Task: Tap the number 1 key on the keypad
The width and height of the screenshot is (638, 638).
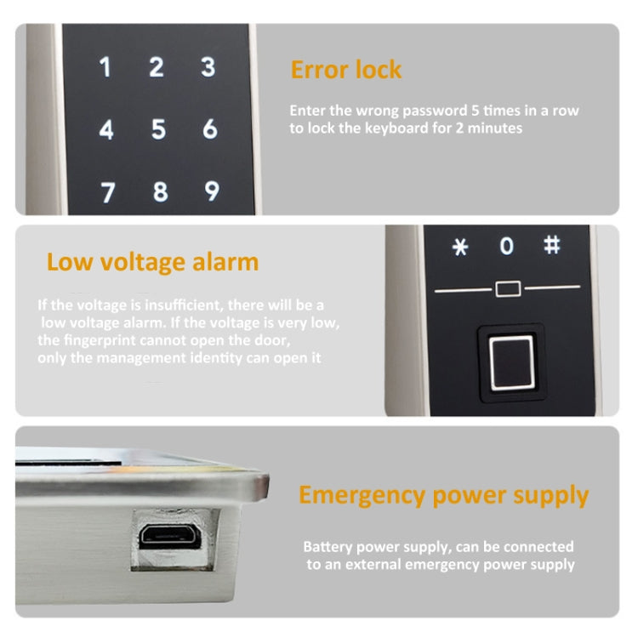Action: pos(105,67)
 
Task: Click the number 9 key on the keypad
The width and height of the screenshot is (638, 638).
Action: pos(211,190)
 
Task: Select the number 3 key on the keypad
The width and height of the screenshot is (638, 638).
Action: pos(208,67)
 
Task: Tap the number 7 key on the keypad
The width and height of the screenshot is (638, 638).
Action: pos(107,191)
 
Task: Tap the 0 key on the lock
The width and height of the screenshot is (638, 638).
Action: pos(507,247)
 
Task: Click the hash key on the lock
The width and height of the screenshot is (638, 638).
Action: pos(552,245)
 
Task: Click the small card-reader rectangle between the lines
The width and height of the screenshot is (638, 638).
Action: pos(508,289)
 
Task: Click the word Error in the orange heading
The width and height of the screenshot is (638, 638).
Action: pos(319,70)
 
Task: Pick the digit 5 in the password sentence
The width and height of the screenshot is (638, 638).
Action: pos(475,111)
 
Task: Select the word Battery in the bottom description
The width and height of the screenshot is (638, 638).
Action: pos(327,547)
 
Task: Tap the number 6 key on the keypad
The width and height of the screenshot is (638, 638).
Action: pos(210,129)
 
